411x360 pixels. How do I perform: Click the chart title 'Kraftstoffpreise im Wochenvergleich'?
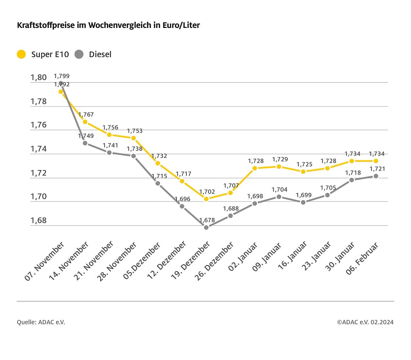[x=108, y=25]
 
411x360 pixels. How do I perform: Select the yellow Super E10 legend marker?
[x=21, y=54]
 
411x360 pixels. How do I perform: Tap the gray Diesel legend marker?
[x=79, y=54]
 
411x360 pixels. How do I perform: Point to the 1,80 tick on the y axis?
[x=39, y=77]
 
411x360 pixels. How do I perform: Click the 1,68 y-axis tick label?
[x=39, y=220]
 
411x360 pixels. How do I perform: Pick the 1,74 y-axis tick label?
[x=39, y=149]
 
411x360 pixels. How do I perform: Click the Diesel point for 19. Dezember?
[x=206, y=227]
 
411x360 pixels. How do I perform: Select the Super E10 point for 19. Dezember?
[x=206, y=199]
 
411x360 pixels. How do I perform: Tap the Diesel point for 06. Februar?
[x=376, y=176]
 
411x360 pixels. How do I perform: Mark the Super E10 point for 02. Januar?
[x=255, y=168]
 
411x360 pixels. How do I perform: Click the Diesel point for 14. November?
[x=85, y=143]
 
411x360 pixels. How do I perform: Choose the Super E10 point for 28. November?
[x=134, y=138]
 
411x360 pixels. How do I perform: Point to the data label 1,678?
[x=207, y=220]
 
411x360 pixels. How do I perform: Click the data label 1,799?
[x=61, y=76]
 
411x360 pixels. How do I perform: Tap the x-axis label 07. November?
[x=45, y=261]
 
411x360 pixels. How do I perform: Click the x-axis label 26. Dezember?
[x=214, y=261]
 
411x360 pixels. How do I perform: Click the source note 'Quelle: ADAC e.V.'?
[x=41, y=322]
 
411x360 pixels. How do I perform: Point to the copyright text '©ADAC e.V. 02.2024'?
[x=365, y=322]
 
